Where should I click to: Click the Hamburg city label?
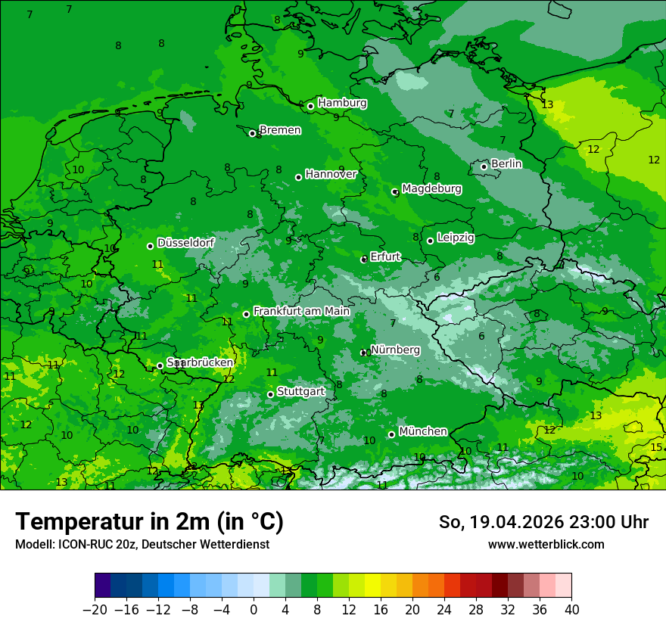342,103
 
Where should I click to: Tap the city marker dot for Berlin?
484,166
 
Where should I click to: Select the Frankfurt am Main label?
301,311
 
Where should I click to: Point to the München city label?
422,431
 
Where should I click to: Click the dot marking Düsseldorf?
150,246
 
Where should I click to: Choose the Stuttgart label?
300,392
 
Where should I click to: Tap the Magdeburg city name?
431,188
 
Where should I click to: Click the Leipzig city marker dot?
430,241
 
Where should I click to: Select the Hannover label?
330,174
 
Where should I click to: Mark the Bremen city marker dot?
252,133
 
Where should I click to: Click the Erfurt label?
384,256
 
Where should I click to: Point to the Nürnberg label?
394,350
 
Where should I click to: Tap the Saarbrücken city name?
199,362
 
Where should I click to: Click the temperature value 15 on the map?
655,448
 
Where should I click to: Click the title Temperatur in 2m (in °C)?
149,522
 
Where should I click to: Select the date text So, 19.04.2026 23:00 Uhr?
543,522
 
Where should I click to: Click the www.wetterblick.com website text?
546,544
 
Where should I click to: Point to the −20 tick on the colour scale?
95,610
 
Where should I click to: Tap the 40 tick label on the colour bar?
571,610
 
